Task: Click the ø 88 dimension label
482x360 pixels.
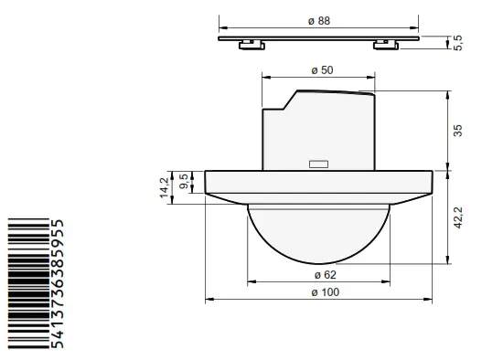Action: tap(317, 21)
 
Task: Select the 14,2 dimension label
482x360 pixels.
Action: tap(165, 187)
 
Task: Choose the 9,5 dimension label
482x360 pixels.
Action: tap(184, 181)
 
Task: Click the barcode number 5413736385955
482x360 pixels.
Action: tap(59, 284)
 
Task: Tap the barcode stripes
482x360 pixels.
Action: tap(27, 284)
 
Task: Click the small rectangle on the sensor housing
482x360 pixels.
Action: tap(317, 164)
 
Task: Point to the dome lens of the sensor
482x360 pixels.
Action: tap(317, 233)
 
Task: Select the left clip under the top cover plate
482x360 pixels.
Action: tap(247, 44)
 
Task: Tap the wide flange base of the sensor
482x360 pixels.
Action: tap(317, 183)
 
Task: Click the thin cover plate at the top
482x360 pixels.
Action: tap(317, 38)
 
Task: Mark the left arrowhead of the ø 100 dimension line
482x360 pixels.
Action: tap(209, 298)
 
